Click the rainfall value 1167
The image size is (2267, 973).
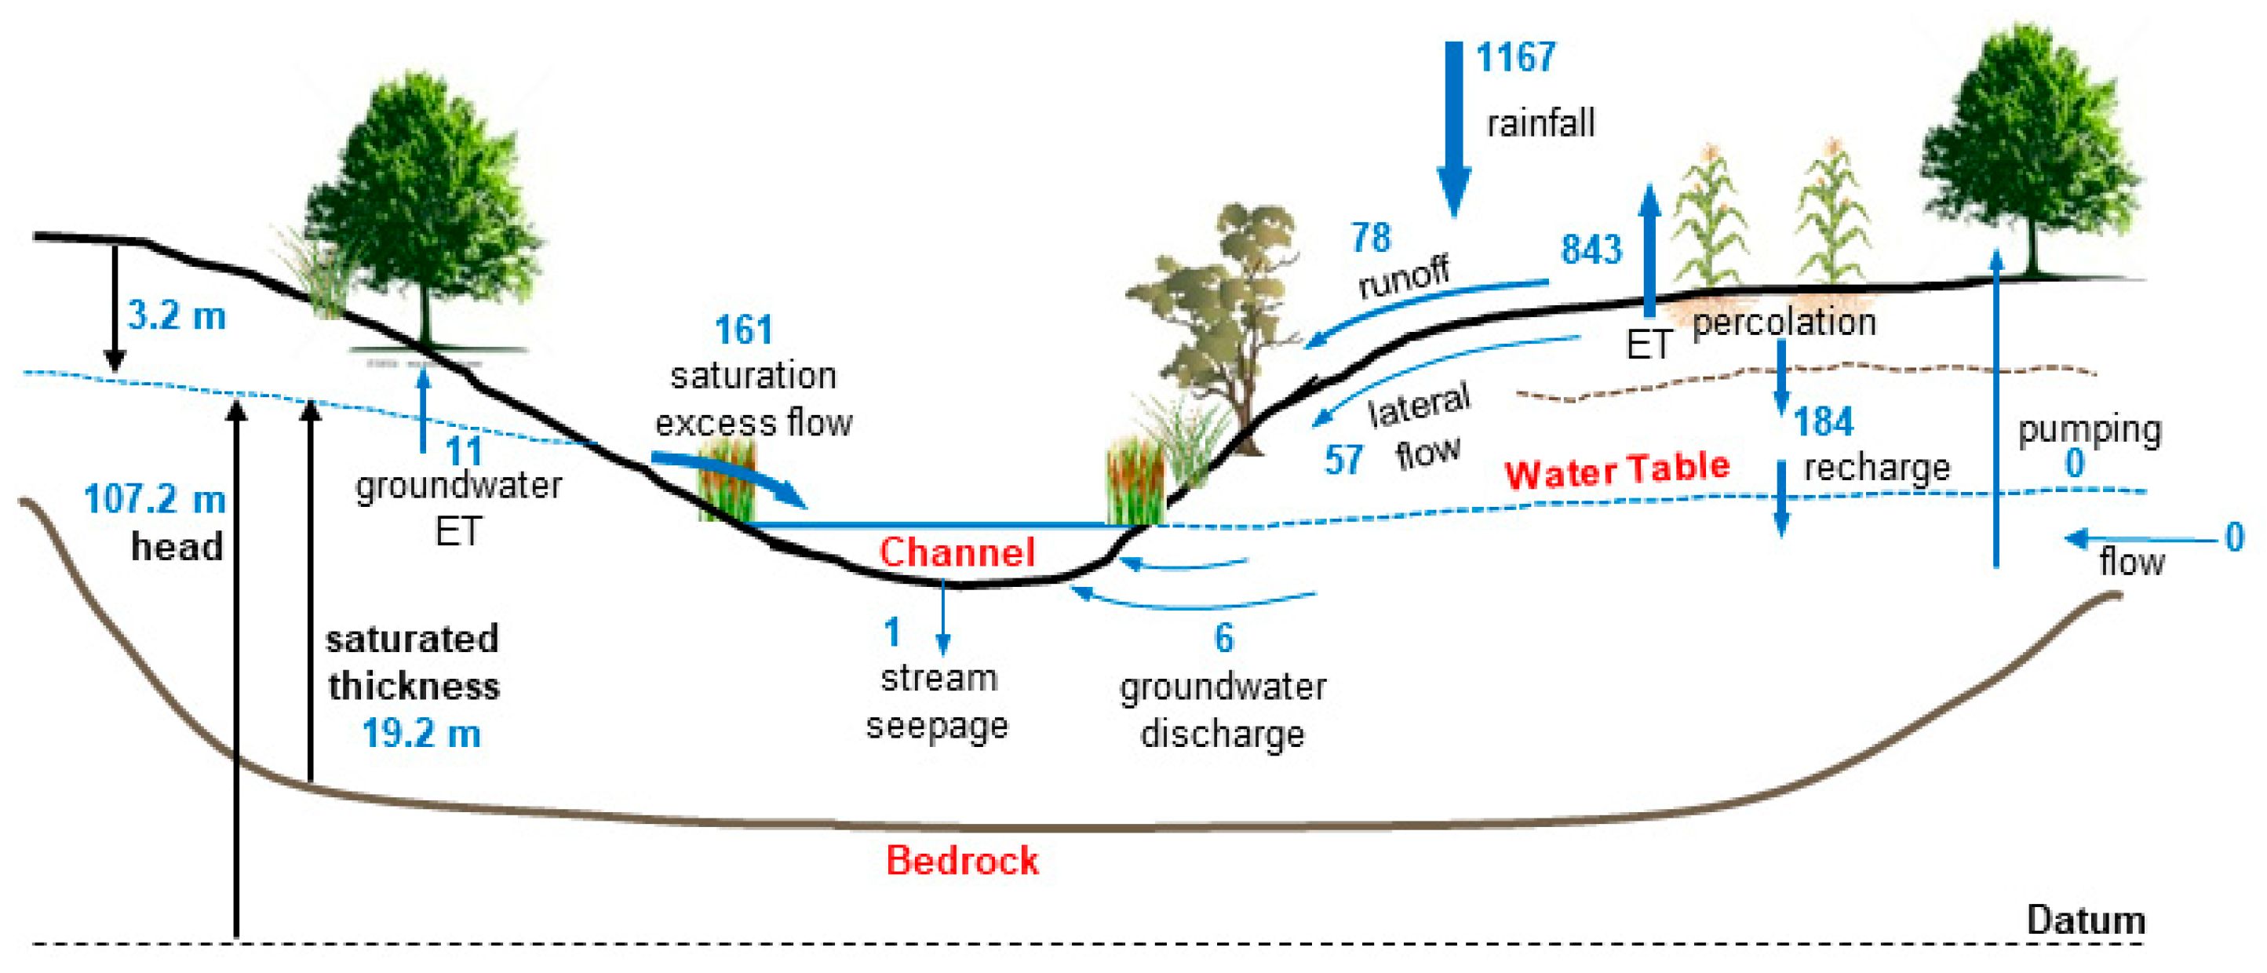(x=1514, y=58)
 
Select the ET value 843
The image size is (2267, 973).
(x=1591, y=250)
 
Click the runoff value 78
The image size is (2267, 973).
(x=1371, y=238)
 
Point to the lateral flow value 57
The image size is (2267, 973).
(x=1344, y=460)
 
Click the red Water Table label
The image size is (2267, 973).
(x=1616, y=470)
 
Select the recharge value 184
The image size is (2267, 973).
(x=1824, y=421)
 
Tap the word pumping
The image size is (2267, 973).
(x=2089, y=430)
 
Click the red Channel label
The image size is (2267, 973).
(x=957, y=552)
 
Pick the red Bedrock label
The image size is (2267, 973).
(x=962, y=860)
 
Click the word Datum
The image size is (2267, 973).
(x=2085, y=920)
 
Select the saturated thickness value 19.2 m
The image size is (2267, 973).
(x=421, y=734)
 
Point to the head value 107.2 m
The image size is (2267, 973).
(x=155, y=500)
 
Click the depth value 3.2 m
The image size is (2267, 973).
(x=177, y=315)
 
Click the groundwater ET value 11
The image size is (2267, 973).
(x=464, y=451)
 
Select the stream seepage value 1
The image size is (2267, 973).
(x=892, y=632)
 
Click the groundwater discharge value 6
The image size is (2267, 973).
(x=1224, y=638)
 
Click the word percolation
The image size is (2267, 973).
(x=1784, y=323)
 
